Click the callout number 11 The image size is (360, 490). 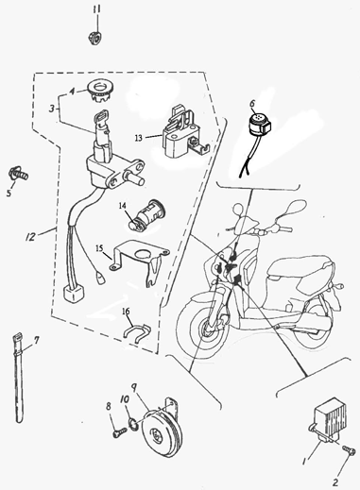pyautogui.click(x=96, y=9)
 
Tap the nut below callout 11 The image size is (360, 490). pyautogui.click(x=95, y=38)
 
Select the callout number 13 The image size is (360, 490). pyautogui.click(x=139, y=138)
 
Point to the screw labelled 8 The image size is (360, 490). pyautogui.click(x=119, y=432)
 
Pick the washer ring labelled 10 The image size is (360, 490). pyautogui.click(x=133, y=424)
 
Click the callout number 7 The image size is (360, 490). pyautogui.click(x=37, y=340)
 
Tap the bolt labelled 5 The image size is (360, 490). pyautogui.click(x=19, y=174)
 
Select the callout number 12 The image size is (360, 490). pyautogui.click(x=31, y=237)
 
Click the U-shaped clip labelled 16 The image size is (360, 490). pyautogui.click(x=136, y=329)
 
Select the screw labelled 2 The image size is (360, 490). pyautogui.click(x=349, y=452)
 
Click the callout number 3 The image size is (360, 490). pyautogui.click(x=52, y=109)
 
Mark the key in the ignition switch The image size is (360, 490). pyautogui.click(x=100, y=126)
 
